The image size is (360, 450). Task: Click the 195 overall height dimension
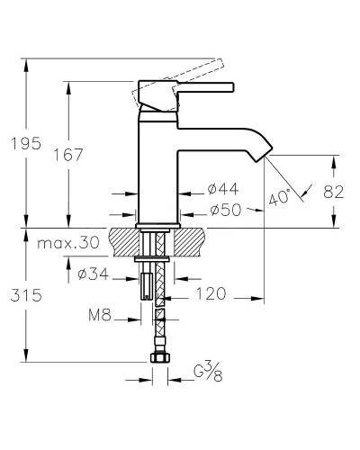(26, 143)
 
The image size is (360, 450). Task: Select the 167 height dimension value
(67, 155)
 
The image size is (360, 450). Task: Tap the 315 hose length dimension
(26, 295)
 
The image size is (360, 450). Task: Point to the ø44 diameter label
(223, 189)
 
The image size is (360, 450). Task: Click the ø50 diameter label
(226, 210)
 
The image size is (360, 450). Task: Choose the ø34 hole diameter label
(93, 274)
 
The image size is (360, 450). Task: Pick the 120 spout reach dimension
(211, 293)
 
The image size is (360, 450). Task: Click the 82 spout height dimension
(334, 192)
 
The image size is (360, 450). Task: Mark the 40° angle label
(279, 197)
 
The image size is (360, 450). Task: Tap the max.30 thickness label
(68, 242)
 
